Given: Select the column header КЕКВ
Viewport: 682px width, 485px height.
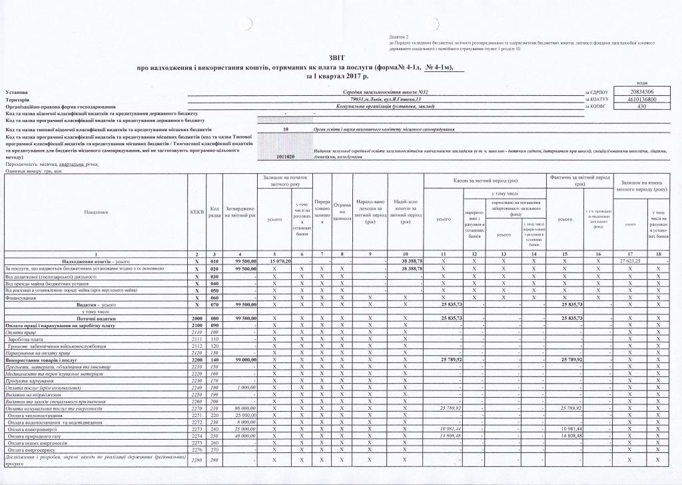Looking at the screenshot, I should [x=196, y=212].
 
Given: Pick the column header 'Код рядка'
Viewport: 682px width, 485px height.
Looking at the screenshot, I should [x=214, y=212].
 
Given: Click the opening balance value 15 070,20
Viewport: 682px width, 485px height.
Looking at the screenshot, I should [x=278, y=262].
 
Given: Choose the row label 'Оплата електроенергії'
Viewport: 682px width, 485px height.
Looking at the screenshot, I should [x=32, y=428].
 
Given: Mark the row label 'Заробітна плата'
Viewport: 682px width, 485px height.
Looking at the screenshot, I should [x=26, y=338].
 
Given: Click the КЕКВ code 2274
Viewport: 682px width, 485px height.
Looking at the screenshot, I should [x=196, y=435].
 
